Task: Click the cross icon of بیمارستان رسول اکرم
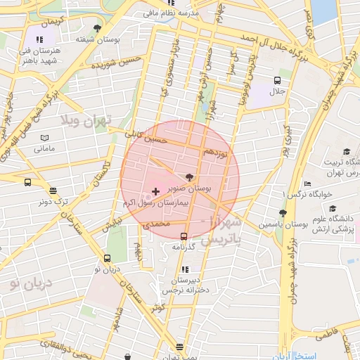[x=155, y=191]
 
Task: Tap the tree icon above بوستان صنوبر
[x=189, y=177]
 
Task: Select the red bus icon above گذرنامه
[x=184, y=236]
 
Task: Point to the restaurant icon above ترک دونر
[x=53, y=190]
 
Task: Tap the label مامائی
[x=44, y=149]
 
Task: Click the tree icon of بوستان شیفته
[x=97, y=28]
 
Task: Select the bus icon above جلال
[x=277, y=80]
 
